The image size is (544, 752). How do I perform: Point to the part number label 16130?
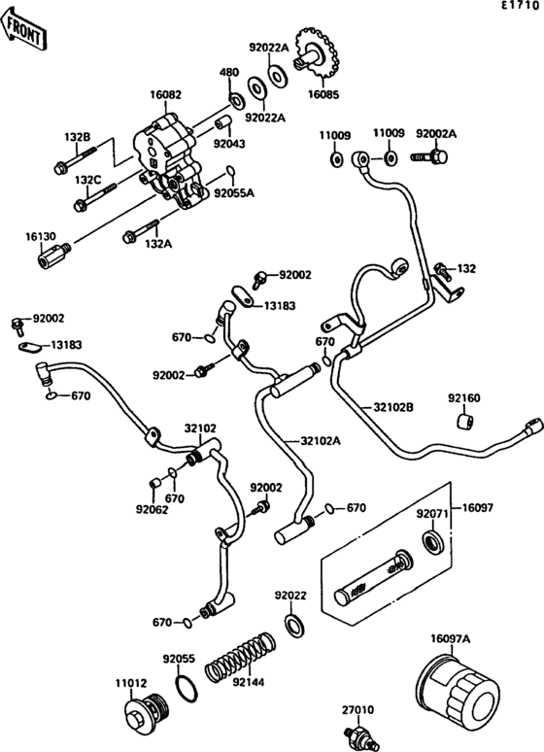(41, 235)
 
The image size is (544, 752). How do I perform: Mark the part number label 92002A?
(436, 132)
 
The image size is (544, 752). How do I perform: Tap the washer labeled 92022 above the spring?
(292, 623)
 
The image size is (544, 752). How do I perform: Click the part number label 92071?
(431, 513)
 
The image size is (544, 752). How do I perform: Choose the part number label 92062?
(152, 508)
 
